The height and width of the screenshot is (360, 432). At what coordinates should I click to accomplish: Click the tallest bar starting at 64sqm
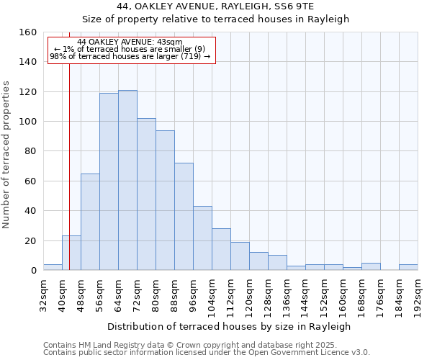(127, 180)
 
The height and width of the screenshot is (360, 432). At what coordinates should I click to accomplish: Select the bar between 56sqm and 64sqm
(109, 181)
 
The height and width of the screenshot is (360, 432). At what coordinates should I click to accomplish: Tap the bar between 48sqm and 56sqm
(90, 222)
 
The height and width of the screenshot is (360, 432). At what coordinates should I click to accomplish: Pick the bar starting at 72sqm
(146, 194)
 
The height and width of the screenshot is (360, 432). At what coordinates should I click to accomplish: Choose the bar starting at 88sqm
(184, 217)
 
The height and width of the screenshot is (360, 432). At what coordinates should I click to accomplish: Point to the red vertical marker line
(69, 166)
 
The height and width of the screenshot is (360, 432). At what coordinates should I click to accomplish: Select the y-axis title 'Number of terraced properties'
(6, 155)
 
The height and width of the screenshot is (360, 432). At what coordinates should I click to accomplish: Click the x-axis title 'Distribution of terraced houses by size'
(233, 326)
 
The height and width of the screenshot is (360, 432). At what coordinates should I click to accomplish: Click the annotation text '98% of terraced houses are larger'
(130, 56)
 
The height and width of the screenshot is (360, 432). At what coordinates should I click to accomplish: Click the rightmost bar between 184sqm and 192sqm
(408, 267)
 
